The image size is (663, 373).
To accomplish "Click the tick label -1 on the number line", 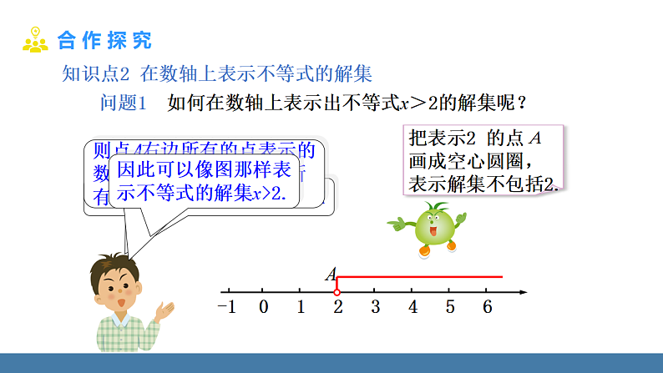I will [227, 306].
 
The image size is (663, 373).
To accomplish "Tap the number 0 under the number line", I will [264, 306].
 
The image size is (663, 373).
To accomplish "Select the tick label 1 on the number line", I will [301, 306].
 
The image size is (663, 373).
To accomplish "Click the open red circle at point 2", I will [337, 292].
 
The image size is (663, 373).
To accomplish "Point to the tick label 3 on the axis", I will [376, 306].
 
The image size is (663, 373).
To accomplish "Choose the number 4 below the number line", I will [412, 306].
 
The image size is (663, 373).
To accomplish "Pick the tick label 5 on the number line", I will [450, 306].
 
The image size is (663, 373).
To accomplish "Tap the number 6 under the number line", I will [487, 306].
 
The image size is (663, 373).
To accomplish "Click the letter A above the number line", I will [331, 274].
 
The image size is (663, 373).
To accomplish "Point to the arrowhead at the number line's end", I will [523, 292].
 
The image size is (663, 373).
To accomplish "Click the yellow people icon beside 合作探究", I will [35, 40].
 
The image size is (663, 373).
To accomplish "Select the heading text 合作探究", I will [105, 40].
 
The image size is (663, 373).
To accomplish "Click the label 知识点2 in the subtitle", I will [96, 74].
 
